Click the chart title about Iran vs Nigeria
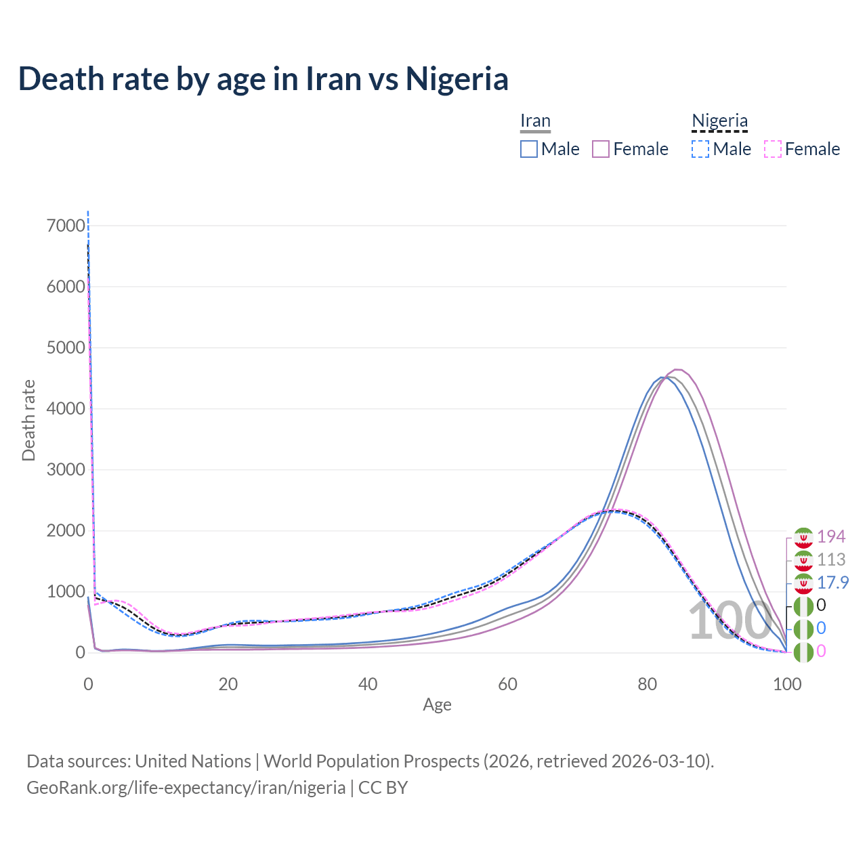(263, 79)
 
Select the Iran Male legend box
(529, 149)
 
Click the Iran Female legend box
(601, 149)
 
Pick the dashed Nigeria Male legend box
(700, 149)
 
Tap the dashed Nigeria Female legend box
(773, 149)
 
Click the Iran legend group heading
(535, 121)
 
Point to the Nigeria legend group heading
(719, 121)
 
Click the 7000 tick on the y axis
(66, 226)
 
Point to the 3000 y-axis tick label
(66, 469)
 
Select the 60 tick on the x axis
(507, 684)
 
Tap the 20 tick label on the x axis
(228, 684)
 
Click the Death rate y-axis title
(28, 421)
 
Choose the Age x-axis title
(437, 705)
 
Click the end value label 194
(831, 536)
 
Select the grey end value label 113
(831, 559)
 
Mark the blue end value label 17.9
(832, 583)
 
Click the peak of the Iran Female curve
(678, 369)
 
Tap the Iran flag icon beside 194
(803, 537)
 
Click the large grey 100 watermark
(729, 621)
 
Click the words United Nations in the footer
(193, 761)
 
